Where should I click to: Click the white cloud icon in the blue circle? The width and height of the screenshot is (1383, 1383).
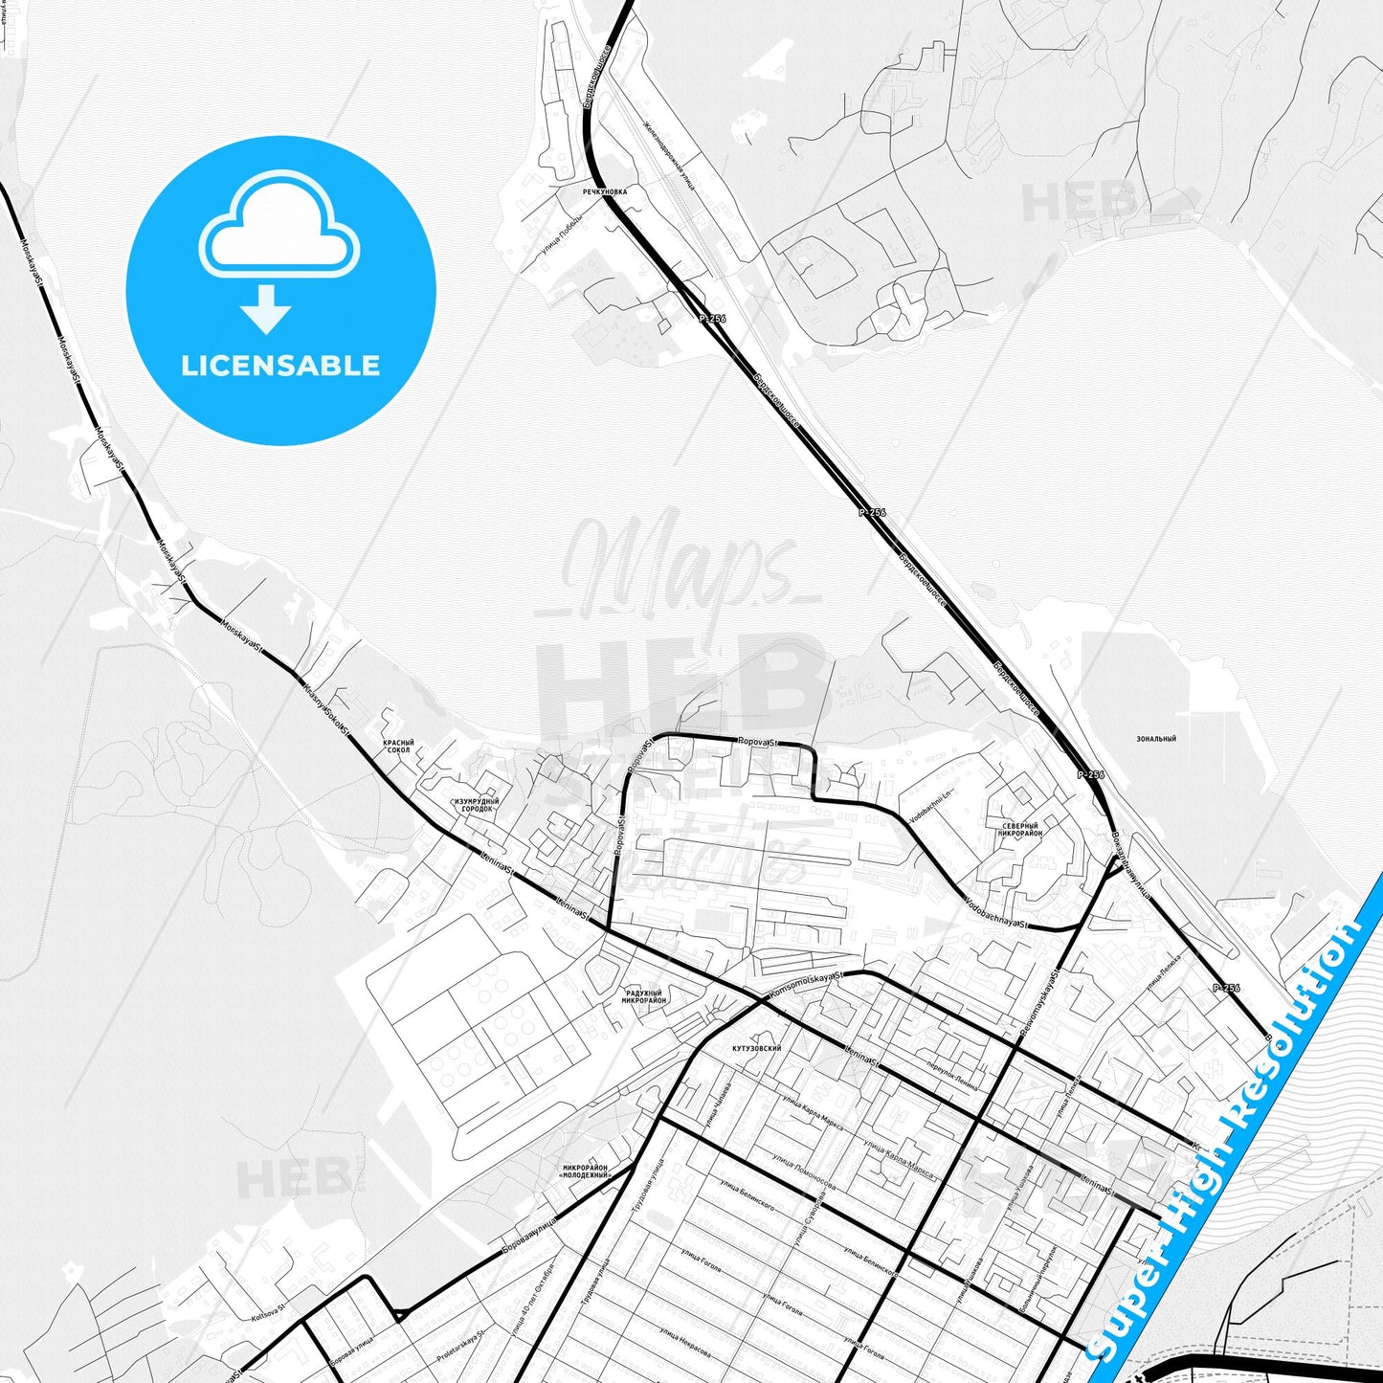[279, 226]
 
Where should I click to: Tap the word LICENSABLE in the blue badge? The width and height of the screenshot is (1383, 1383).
[280, 365]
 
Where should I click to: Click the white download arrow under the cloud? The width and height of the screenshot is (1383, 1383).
[266, 309]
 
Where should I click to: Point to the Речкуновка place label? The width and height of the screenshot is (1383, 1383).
[605, 191]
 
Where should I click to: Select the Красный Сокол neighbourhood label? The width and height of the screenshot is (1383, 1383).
[398, 746]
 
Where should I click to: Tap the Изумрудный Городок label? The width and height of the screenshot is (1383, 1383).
[477, 805]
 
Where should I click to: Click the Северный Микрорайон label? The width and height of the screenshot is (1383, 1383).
[1019, 829]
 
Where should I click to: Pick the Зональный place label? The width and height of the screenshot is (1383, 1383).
[1155, 739]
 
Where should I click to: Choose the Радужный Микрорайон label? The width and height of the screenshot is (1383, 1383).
[643, 996]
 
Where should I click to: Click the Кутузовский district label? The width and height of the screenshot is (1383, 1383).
[756, 1048]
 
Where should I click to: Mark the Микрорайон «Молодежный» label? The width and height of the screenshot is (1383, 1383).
[585, 1171]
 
